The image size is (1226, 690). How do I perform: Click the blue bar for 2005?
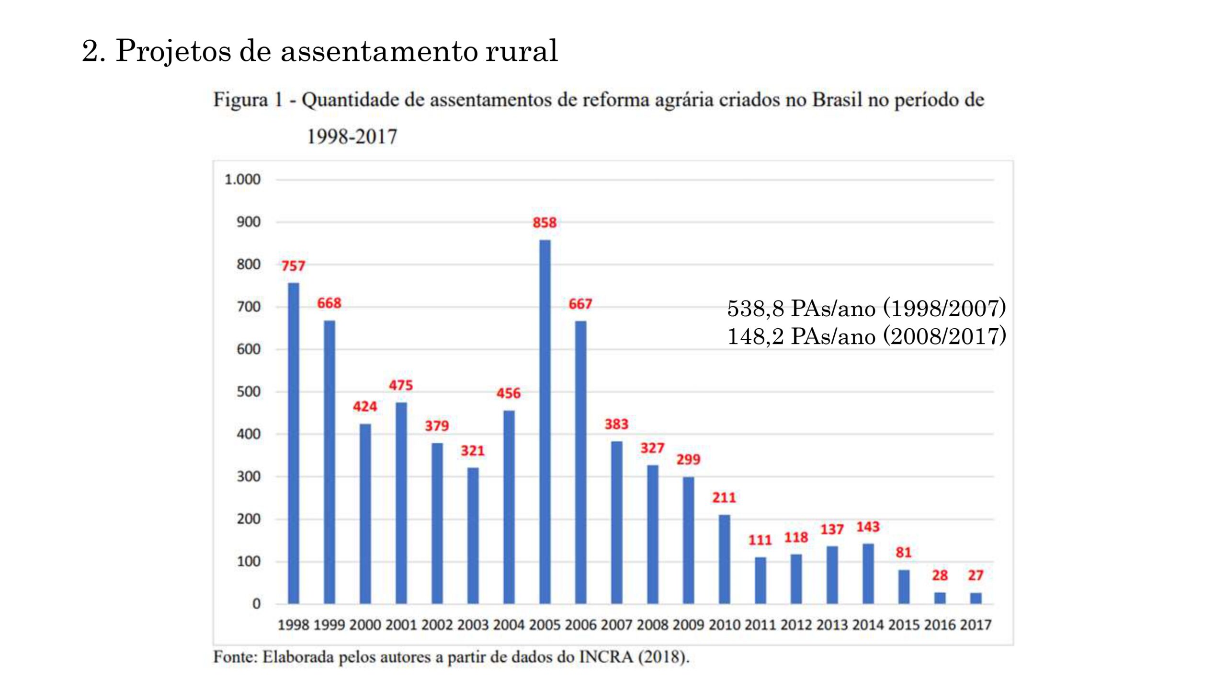545,422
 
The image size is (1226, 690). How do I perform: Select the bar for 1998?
293,443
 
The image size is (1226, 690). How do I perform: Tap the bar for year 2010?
724,559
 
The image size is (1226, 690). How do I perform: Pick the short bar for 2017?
976,598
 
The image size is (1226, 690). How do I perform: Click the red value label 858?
545,222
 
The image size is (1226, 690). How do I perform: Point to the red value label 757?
293,265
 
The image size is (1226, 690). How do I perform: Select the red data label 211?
724,497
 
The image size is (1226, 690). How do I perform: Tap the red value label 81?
904,552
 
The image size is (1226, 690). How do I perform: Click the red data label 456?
508,393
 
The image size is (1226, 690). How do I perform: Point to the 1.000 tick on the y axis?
242,180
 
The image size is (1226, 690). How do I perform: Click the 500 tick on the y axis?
249,391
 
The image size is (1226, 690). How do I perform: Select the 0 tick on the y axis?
257,604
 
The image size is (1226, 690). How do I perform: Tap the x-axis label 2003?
473,625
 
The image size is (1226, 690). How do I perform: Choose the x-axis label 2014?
868,625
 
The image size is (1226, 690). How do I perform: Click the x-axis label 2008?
652,625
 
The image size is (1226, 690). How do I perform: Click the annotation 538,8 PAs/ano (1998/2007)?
866,308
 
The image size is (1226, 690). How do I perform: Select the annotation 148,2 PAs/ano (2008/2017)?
866,336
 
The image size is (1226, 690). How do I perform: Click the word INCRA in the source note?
606,656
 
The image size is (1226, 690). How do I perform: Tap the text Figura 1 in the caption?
248,100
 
